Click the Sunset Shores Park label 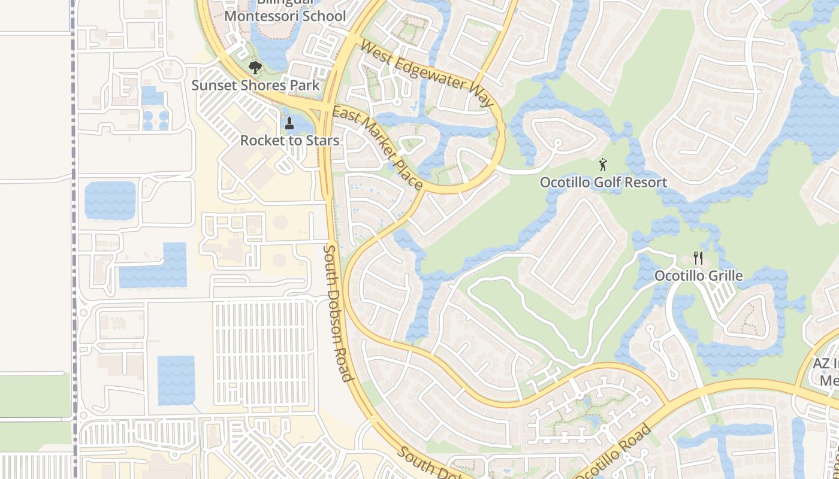coord(256,85)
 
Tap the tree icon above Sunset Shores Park coord(255,67)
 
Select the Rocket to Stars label coord(289,141)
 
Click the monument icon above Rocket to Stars coord(289,124)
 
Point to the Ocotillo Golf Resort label coord(603,182)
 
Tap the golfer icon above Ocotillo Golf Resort coord(603,165)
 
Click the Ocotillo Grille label coord(698,276)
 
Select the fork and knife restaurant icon coord(698,258)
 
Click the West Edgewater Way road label coord(427,74)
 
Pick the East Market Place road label coord(378,147)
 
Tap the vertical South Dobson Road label coord(337,312)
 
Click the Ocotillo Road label coord(613,451)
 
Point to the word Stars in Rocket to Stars coord(323,141)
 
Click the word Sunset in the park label coord(213,85)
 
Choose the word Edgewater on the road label coord(431,75)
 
